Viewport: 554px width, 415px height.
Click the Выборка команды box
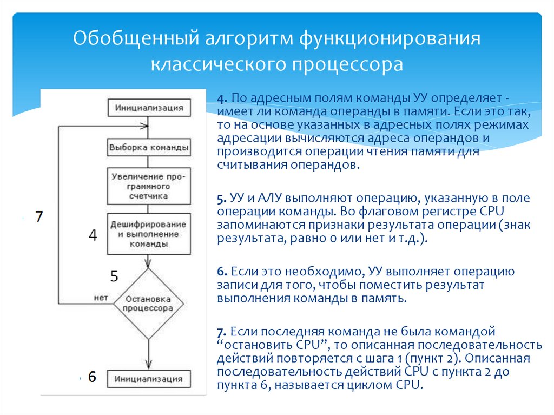coord(149,147)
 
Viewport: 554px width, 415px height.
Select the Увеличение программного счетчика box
coord(149,187)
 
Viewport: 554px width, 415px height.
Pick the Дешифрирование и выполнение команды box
coord(149,234)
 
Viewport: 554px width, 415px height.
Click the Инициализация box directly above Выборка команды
coord(149,107)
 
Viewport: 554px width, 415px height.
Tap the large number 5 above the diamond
coord(114,276)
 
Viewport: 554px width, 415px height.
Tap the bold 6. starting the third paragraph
coord(222,272)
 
